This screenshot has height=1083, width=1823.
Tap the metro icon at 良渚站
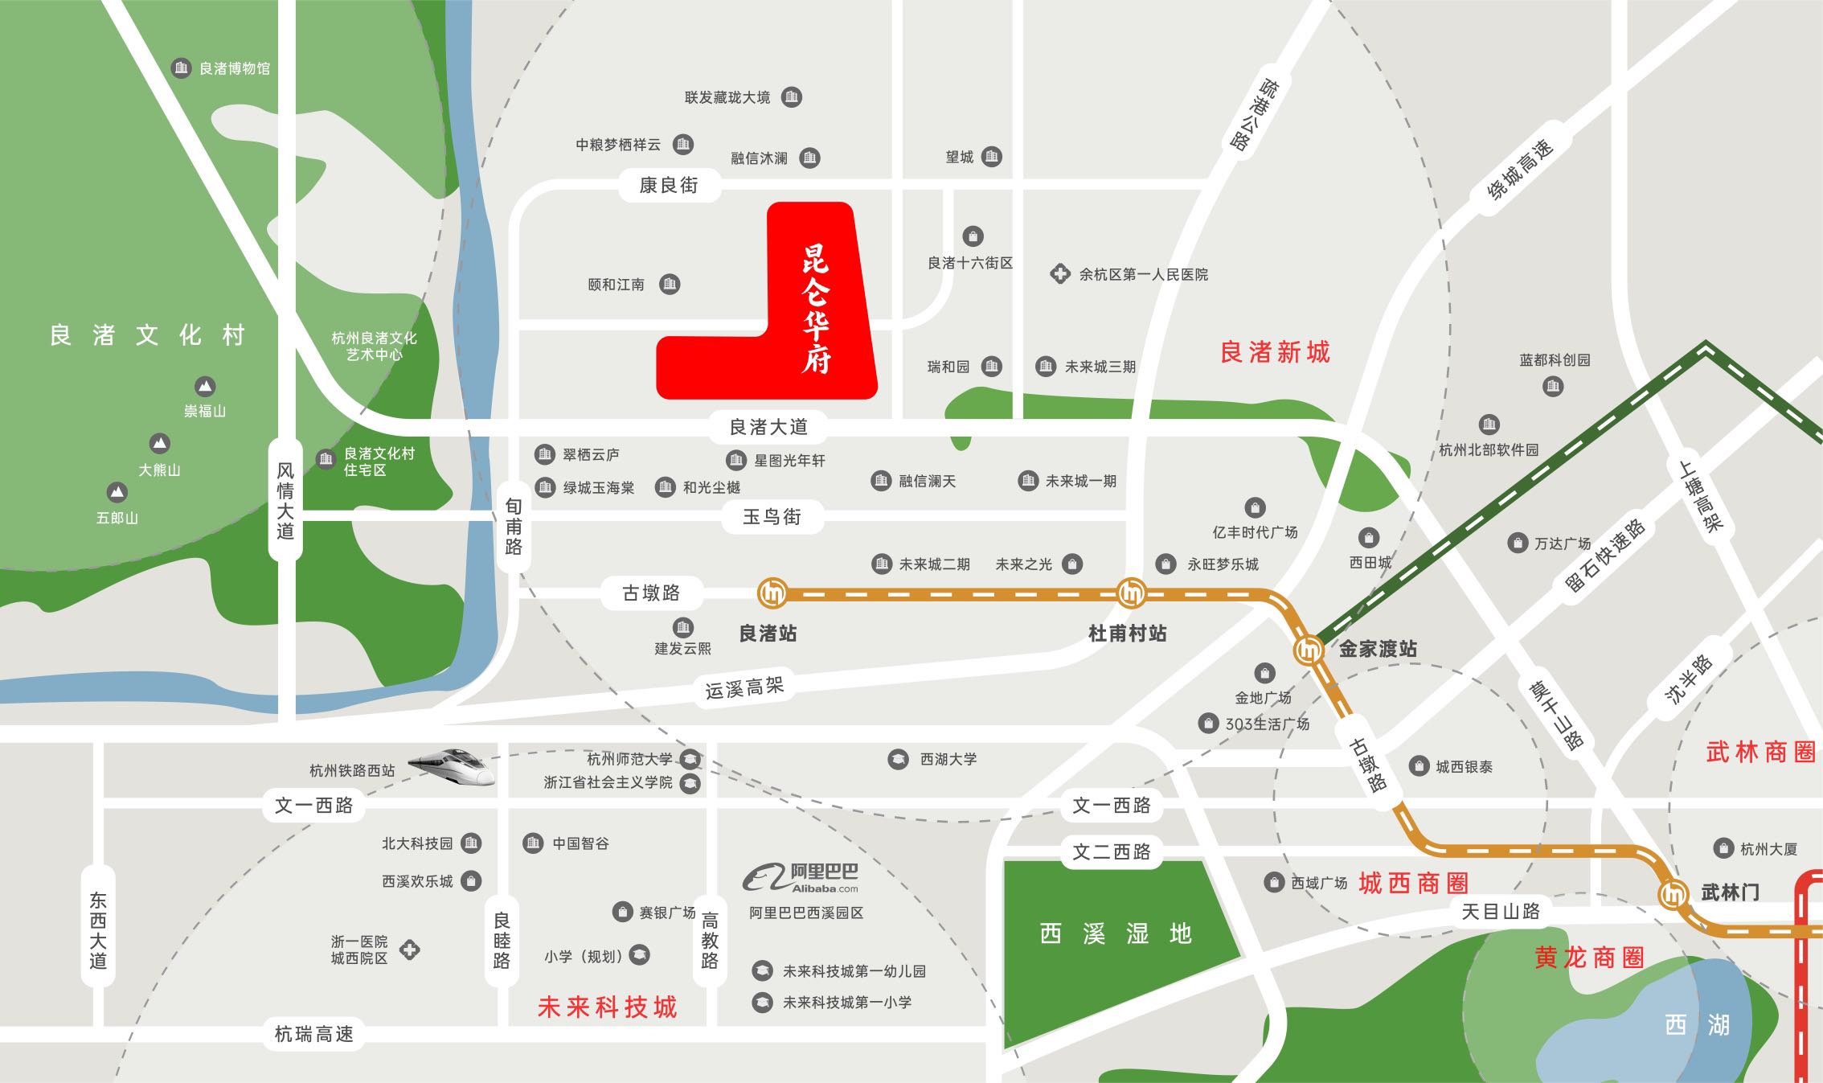point(772,593)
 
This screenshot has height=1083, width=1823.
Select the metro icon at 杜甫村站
point(1132,593)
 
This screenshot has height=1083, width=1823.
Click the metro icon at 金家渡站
point(1309,649)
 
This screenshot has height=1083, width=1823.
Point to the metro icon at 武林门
point(1674,893)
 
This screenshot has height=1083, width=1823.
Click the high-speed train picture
point(452,765)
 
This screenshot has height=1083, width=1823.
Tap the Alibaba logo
point(801,878)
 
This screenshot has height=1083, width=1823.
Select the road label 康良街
point(669,186)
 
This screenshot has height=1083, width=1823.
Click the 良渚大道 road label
point(768,427)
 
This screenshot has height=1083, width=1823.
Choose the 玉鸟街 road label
point(772,516)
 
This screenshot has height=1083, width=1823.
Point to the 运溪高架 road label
point(744,687)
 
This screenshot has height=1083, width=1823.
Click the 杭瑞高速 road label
point(313,1034)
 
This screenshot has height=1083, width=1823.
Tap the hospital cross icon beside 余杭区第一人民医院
point(1060,274)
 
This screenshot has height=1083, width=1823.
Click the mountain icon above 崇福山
point(205,387)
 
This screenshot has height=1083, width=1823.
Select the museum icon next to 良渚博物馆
point(181,68)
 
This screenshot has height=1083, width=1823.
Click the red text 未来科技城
point(608,1007)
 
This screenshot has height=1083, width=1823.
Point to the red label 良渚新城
point(1275,352)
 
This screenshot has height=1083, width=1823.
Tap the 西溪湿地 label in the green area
point(1115,934)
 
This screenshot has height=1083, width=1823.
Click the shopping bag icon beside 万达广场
point(1517,544)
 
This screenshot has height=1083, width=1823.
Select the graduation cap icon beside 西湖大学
point(898,759)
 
